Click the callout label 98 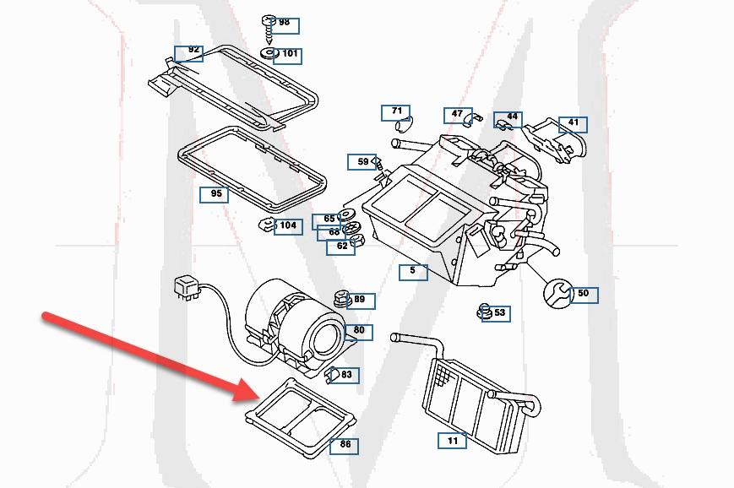point(284,23)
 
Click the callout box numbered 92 point(189,52)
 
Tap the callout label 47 point(457,114)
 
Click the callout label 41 point(573,124)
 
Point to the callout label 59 point(362,161)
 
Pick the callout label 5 point(413,272)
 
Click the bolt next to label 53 point(485,312)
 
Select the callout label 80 point(359,330)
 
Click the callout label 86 point(344,445)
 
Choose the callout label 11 point(452,441)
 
